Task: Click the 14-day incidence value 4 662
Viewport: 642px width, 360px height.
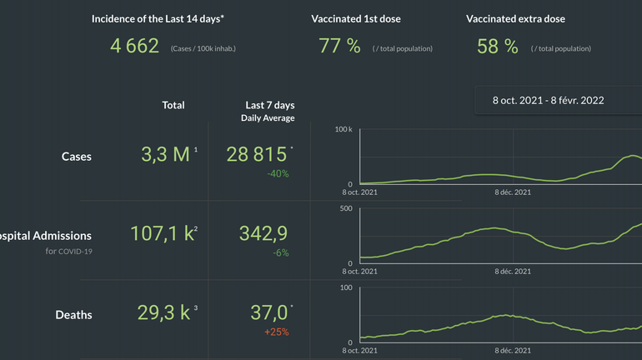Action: coord(135,46)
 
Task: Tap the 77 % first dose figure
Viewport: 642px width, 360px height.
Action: coord(339,46)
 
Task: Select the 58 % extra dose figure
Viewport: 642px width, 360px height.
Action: coord(498,46)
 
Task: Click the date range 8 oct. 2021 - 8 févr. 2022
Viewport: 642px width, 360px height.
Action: coord(548,100)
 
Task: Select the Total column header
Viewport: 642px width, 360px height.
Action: coord(173,105)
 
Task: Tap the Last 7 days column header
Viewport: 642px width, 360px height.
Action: coord(269,105)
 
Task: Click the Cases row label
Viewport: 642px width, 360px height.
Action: coord(77,156)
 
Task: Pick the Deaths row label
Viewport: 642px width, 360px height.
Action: coord(73,314)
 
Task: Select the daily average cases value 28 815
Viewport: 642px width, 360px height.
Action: coord(258,154)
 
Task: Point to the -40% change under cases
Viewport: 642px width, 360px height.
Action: coord(278,173)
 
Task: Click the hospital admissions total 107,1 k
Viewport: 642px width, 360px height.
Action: coord(163,233)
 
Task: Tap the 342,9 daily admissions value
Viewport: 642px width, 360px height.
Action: coord(263,233)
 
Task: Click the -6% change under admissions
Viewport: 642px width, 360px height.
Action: coord(280,252)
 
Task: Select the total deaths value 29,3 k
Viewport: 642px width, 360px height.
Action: coord(163,312)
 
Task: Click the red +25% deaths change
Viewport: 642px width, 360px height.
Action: coord(276,332)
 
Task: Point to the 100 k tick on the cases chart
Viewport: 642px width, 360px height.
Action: coord(344,129)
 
